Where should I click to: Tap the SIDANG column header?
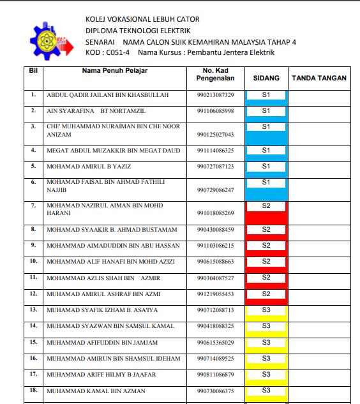point(266,78)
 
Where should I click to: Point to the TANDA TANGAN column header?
point(319,78)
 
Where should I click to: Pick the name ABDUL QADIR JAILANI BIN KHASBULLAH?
point(108,95)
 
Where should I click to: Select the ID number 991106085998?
point(216,111)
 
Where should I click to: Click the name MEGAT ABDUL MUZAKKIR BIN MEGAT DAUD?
point(114,151)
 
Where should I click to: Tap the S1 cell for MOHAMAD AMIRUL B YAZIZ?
point(266,166)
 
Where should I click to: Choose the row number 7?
point(33,206)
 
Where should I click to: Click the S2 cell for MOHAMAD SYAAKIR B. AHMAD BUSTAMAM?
point(266,229)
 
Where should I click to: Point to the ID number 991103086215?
point(216,246)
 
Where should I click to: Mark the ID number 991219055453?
point(216,294)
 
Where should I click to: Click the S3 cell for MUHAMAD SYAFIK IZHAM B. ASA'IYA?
point(266,310)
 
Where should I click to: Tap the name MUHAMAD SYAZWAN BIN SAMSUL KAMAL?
point(110,326)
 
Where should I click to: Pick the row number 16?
point(33,358)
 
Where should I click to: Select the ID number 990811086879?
point(216,375)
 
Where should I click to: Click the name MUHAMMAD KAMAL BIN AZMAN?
point(96,391)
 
